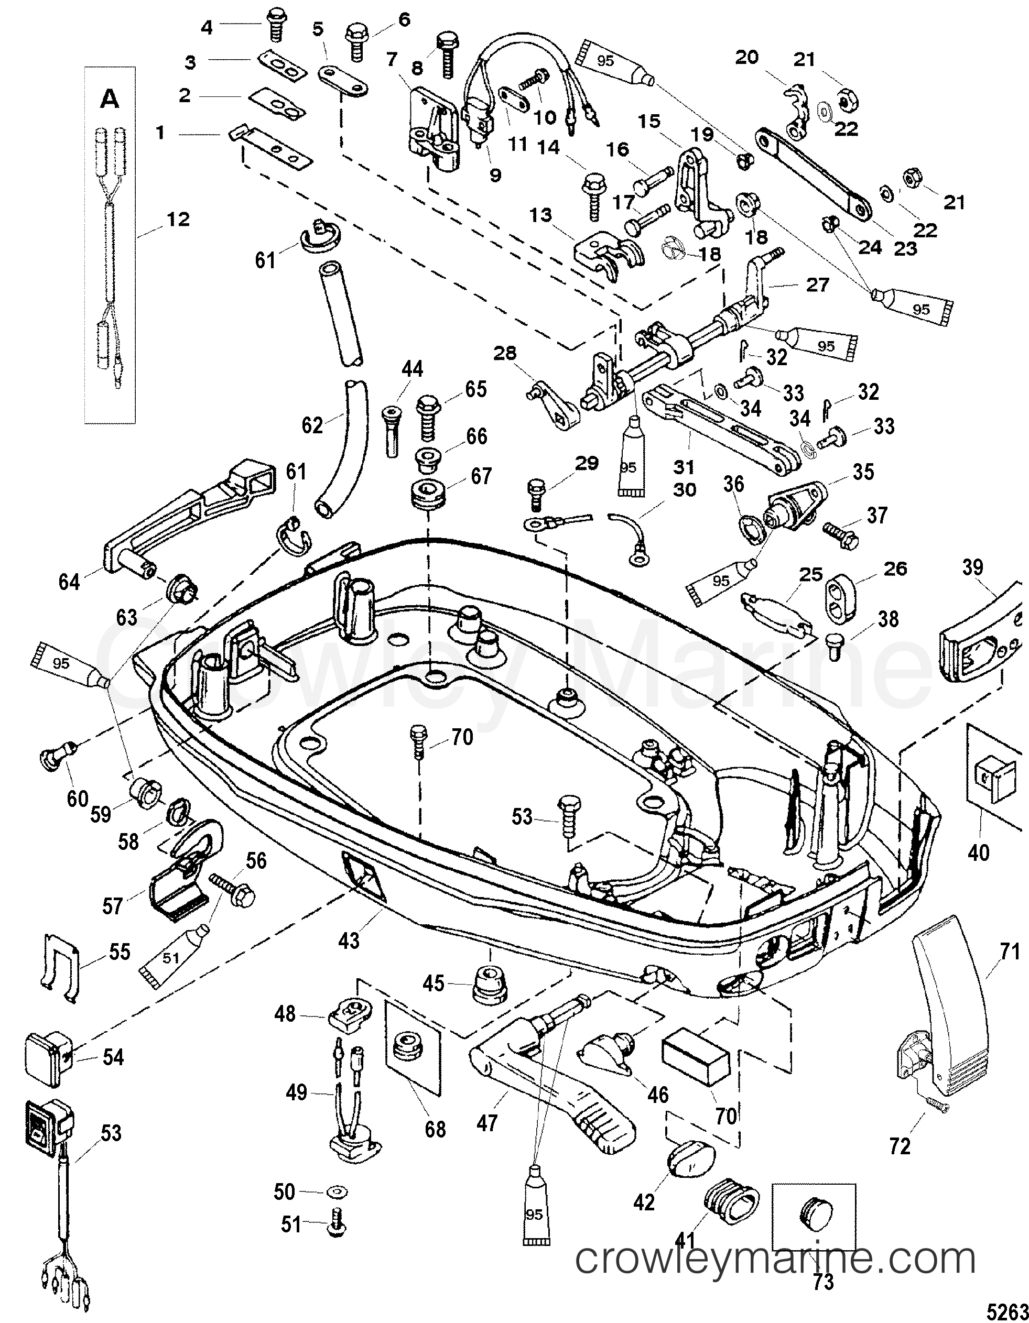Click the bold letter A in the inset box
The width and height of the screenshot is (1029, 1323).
(x=110, y=99)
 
